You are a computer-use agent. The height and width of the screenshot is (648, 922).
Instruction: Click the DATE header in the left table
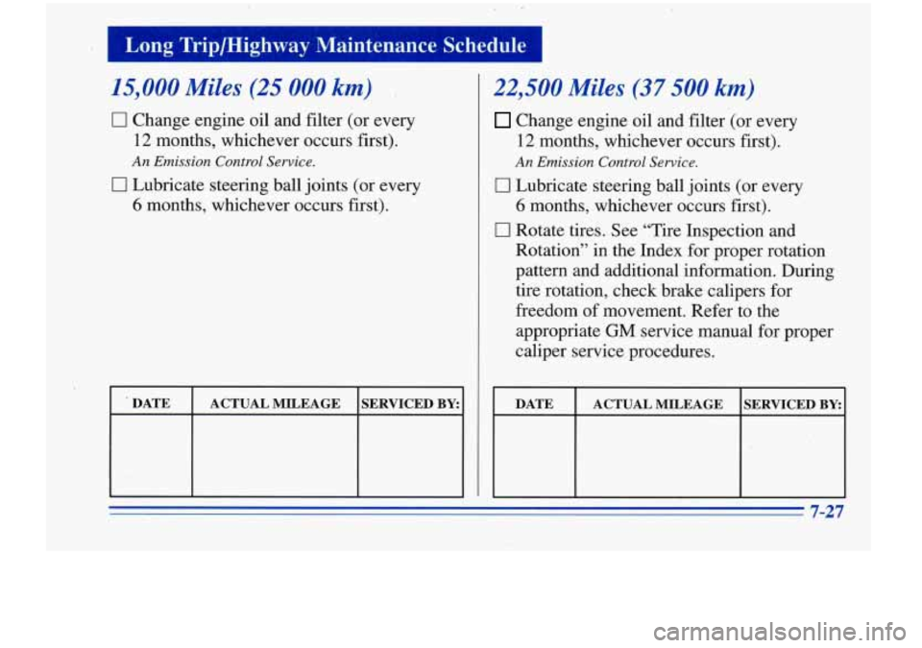pyautogui.click(x=151, y=405)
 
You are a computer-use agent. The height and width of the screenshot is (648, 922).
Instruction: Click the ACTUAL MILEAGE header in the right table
pyautogui.click(x=658, y=405)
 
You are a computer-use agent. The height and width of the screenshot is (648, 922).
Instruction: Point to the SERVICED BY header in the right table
pyautogui.click(x=793, y=405)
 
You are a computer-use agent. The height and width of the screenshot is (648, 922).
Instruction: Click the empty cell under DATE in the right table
pyautogui.click(x=534, y=458)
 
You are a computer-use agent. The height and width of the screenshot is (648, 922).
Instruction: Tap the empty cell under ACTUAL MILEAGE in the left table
pyautogui.click(x=275, y=458)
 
